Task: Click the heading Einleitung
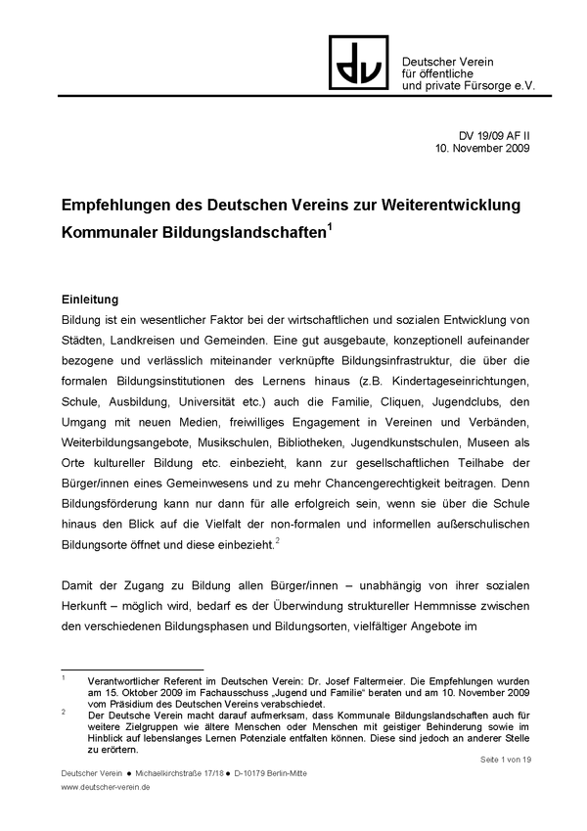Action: [90, 298]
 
